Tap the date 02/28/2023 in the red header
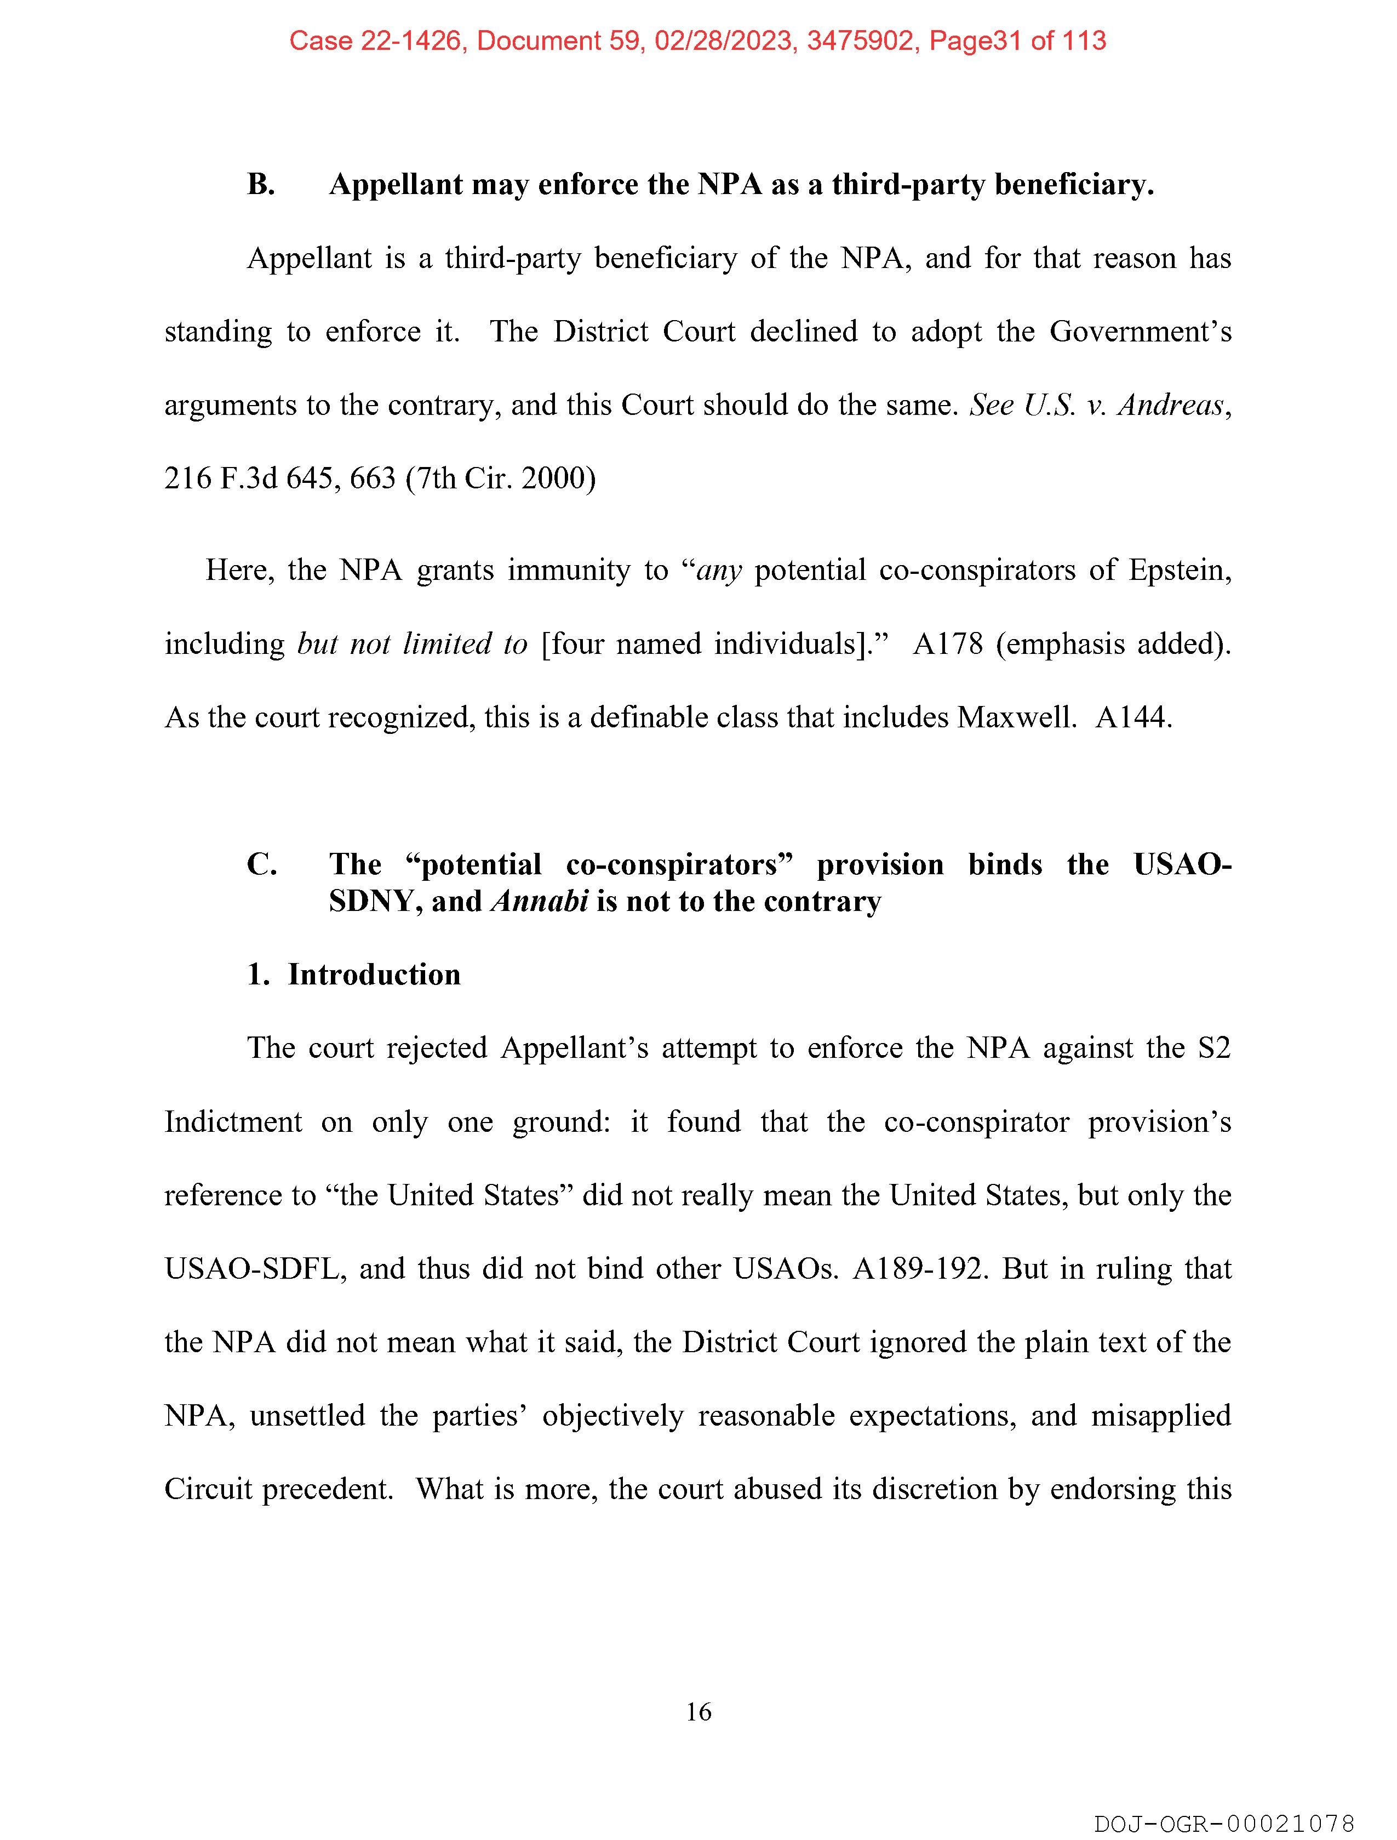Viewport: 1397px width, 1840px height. [723, 41]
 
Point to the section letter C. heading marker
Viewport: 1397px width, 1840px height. [261, 864]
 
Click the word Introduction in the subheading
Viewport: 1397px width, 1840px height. [374, 974]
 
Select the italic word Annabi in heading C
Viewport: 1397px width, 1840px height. [540, 902]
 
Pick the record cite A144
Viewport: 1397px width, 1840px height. [1132, 717]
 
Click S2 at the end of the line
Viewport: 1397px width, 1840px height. [1213, 1048]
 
